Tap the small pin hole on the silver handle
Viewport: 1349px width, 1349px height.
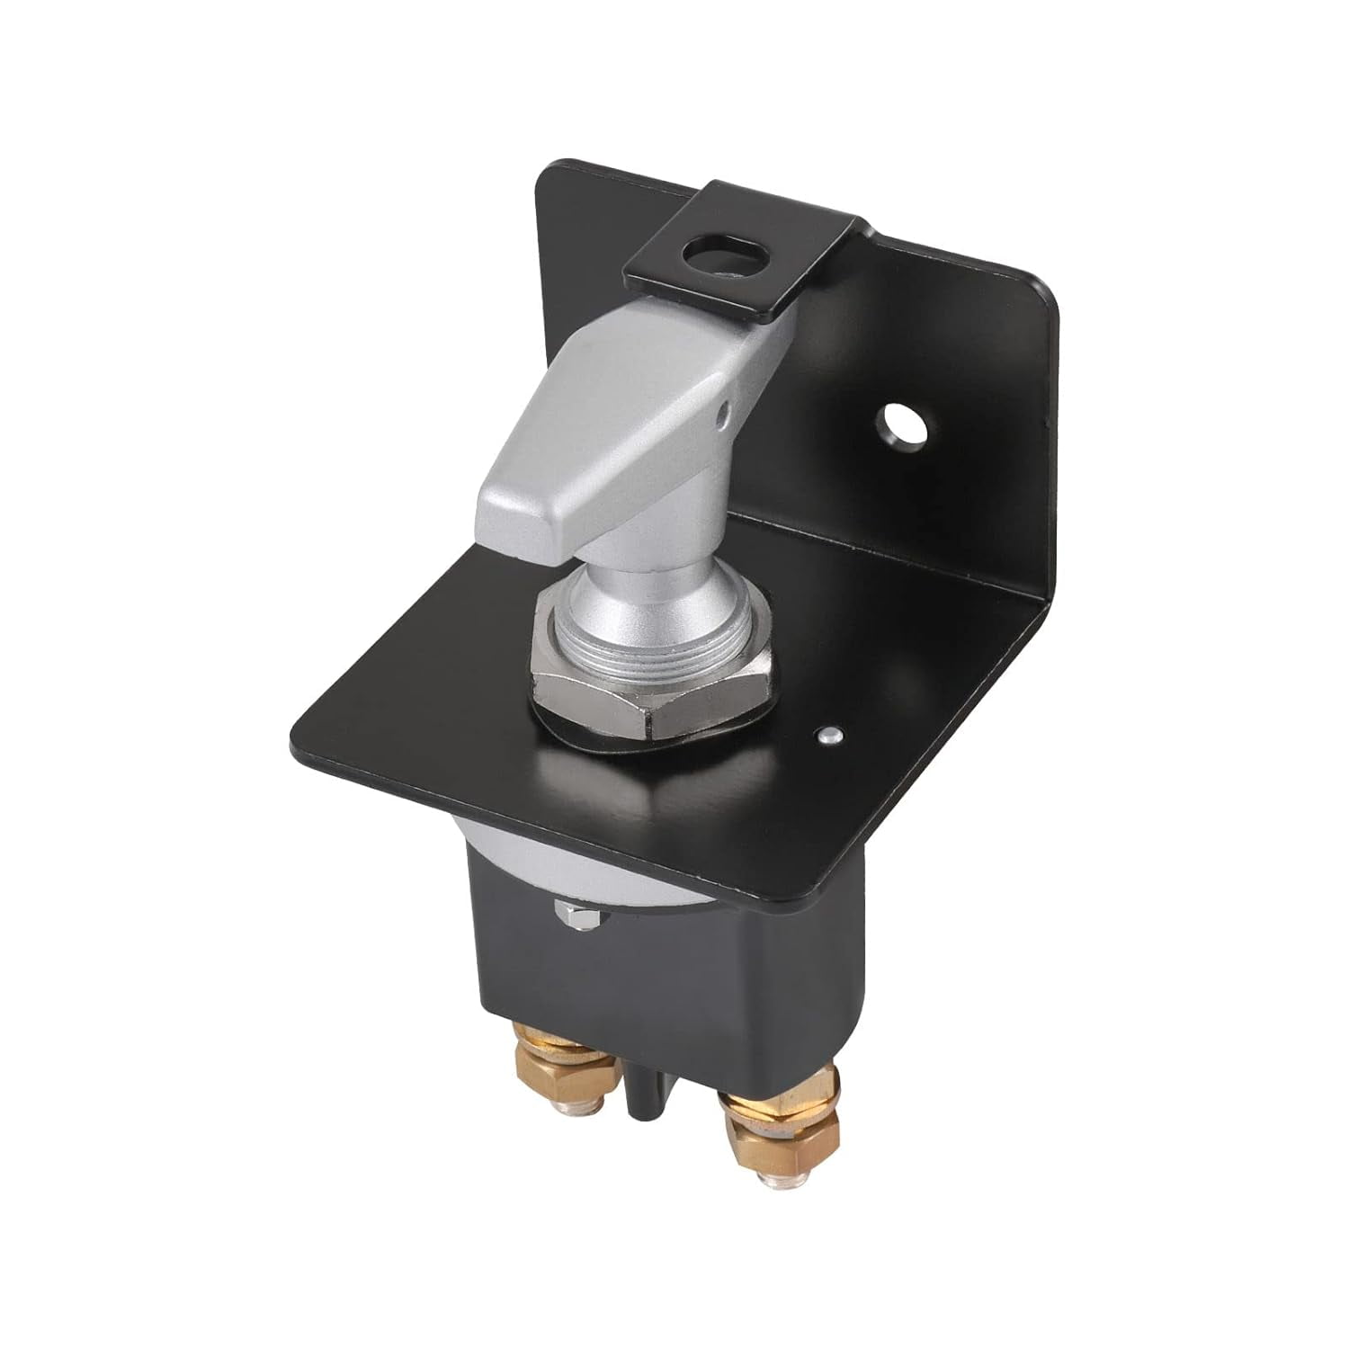pos(726,416)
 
